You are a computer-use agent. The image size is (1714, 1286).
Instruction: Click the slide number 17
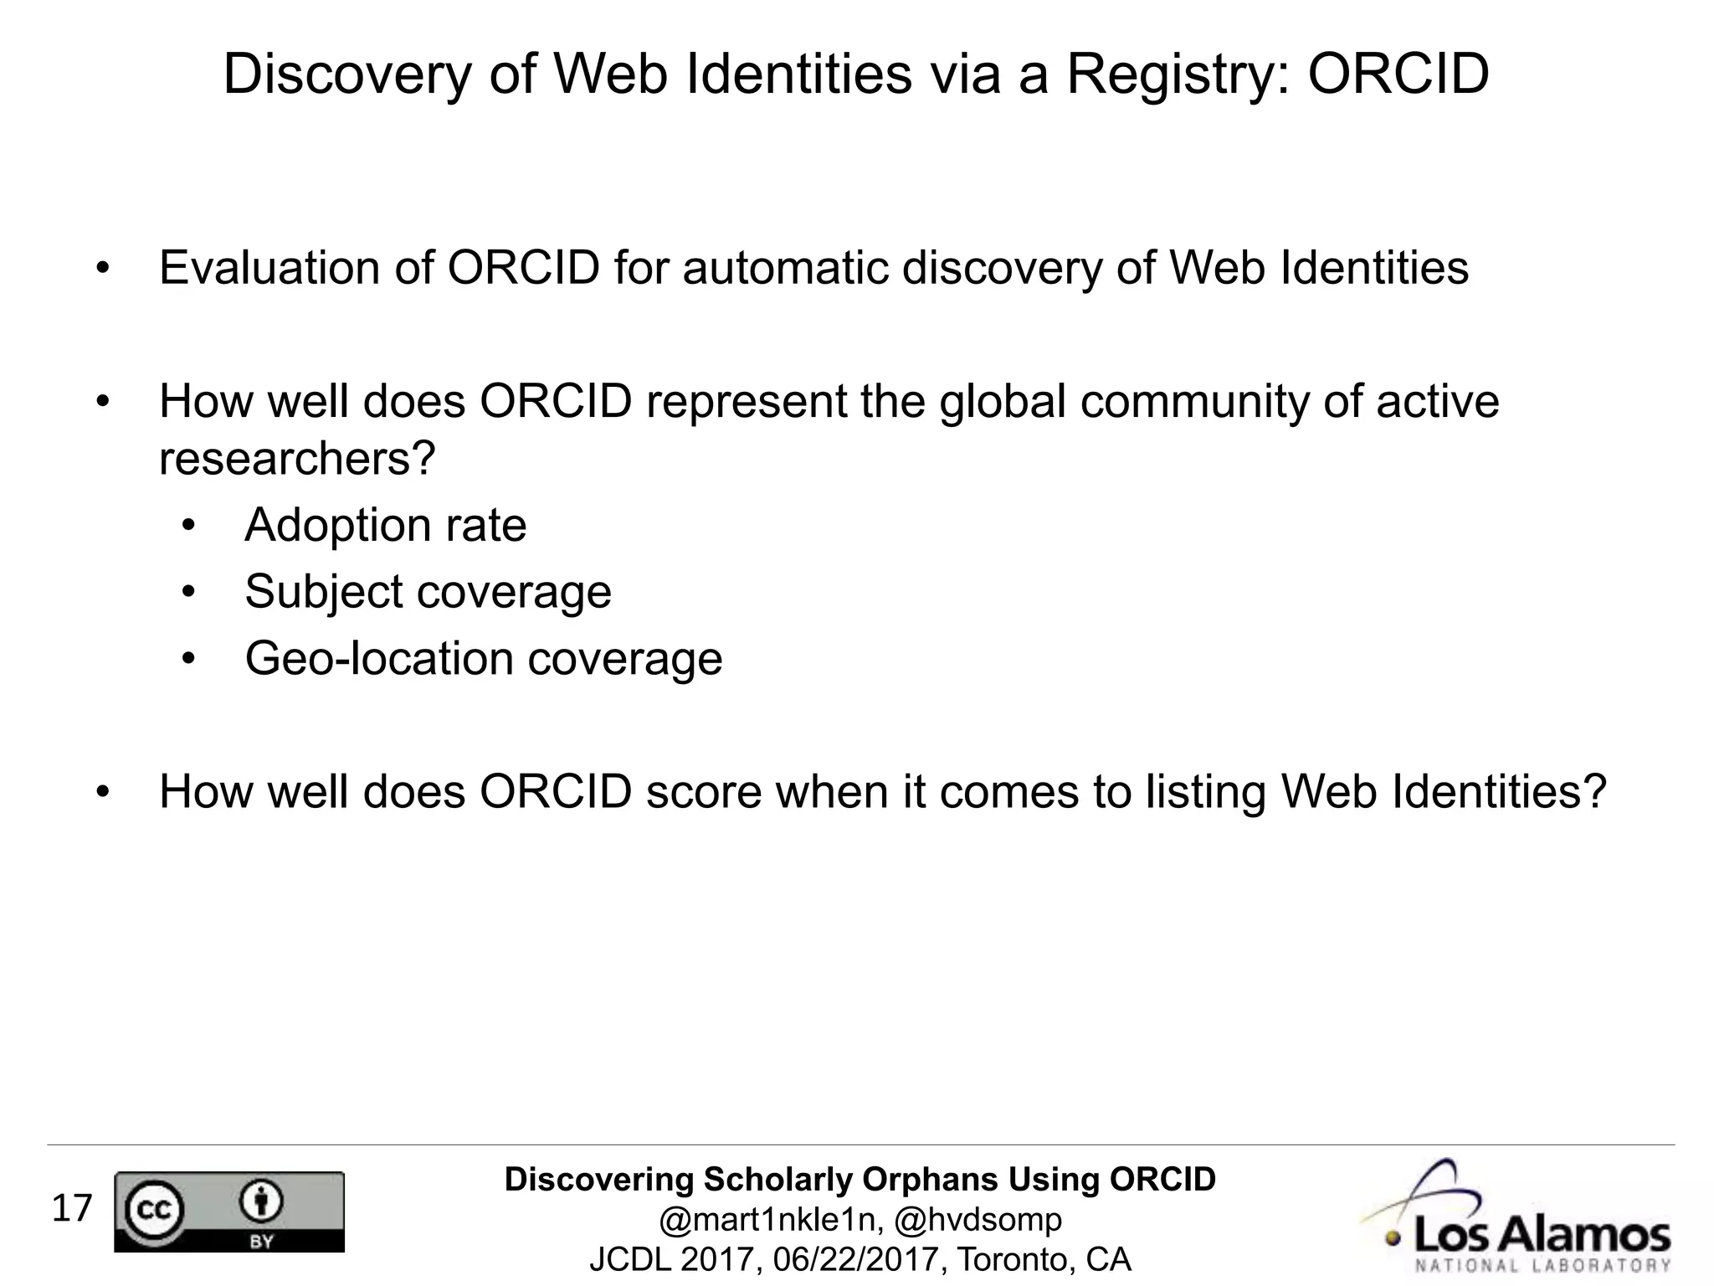72,1209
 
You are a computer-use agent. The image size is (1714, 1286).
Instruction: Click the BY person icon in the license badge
262,1203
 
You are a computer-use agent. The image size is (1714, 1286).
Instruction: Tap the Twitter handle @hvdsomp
978,1220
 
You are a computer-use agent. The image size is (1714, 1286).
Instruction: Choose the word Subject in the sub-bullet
324,593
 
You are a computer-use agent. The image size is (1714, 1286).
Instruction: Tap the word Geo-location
379,659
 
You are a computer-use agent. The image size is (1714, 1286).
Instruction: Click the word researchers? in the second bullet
297,459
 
